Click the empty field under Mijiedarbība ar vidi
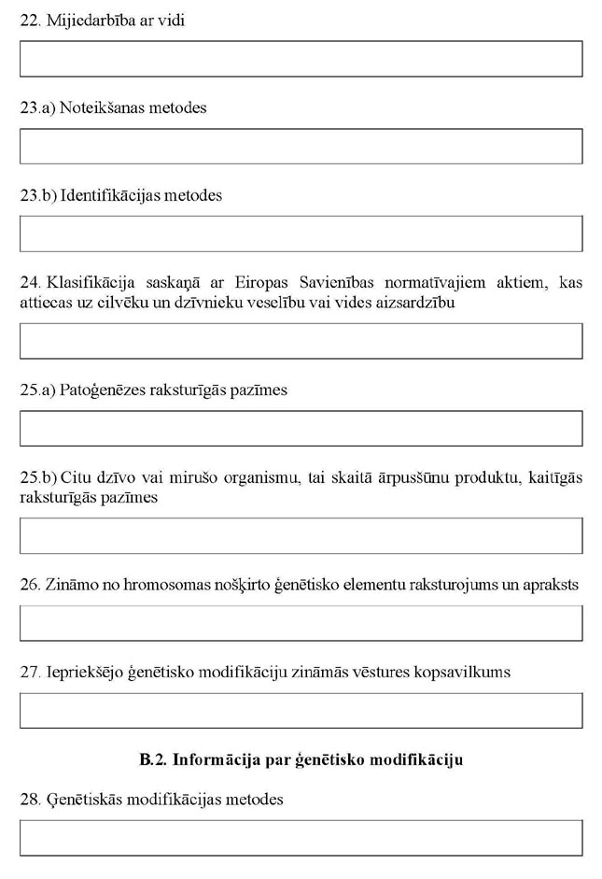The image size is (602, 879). pyautogui.click(x=301, y=59)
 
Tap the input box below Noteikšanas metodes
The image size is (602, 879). pyautogui.click(x=301, y=147)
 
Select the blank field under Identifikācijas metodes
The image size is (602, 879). pyautogui.click(x=301, y=234)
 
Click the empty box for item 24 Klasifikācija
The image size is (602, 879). pyautogui.click(x=301, y=341)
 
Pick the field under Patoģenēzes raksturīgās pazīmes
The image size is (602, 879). pyautogui.click(x=301, y=428)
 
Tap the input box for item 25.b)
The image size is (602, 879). pyautogui.click(x=301, y=535)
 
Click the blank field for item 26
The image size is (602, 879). pyautogui.click(x=301, y=623)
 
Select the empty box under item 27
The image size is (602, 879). pyautogui.click(x=301, y=710)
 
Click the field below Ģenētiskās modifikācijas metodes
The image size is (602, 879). pyautogui.click(x=301, y=838)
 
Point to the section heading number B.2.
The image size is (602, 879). pyautogui.click(x=152, y=759)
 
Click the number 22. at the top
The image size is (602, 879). pyautogui.click(x=30, y=20)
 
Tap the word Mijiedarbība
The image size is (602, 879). pyautogui.click(x=89, y=20)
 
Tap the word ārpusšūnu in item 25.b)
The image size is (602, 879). pyautogui.click(x=403, y=478)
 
